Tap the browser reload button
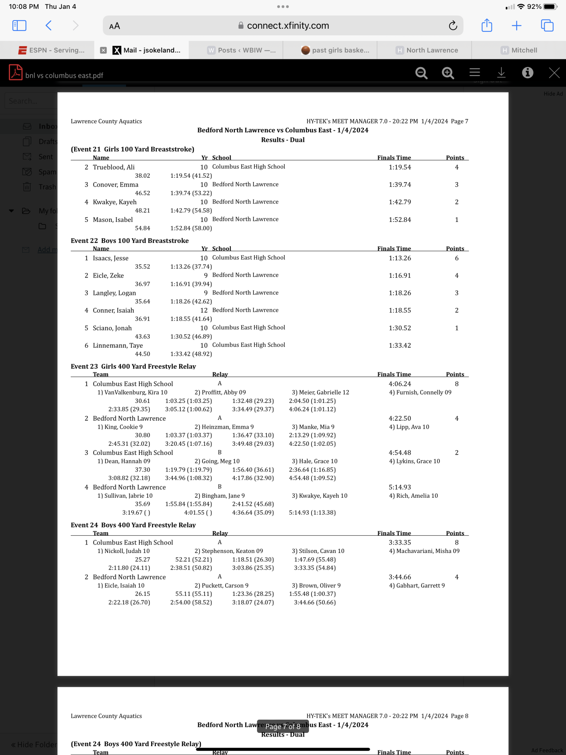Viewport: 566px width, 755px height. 453,25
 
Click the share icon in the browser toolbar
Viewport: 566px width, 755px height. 487,25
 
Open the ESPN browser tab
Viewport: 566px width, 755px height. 52,50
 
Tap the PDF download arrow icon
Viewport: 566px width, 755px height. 501,73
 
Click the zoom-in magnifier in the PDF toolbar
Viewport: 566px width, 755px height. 448,73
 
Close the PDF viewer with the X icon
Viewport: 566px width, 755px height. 554,73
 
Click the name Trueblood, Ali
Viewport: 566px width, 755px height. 114,167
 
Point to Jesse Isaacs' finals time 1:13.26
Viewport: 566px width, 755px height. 400,258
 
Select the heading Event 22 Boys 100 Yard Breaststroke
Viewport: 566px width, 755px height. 130,240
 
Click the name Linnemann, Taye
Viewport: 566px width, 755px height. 118,345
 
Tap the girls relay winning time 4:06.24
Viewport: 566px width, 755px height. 400,384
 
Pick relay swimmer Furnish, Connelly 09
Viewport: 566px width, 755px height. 420,392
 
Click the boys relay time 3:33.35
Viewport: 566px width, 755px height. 400,542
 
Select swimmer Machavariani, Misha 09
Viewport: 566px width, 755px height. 424,551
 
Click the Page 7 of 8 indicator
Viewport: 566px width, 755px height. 283,726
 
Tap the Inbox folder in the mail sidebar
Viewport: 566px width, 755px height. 47,126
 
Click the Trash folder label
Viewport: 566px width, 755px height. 47,187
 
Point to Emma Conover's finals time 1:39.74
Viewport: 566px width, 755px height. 400,185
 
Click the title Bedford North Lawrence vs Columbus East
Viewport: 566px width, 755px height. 283,130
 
